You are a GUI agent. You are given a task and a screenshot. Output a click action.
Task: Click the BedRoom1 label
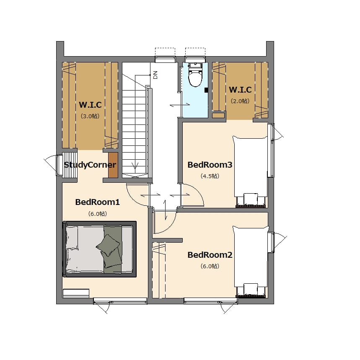(98, 202)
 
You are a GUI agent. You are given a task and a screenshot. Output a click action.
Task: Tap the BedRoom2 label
(210, 255)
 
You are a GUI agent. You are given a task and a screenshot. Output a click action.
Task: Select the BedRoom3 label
(210, 165)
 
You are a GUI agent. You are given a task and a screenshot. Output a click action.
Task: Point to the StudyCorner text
(90, 165)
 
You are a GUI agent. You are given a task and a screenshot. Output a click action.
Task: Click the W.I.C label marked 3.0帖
(90, 105)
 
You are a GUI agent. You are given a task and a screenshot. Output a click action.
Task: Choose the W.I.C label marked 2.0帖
(240, 90)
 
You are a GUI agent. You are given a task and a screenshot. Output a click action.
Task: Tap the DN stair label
(155, 75)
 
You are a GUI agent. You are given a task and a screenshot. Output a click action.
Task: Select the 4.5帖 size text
(210, 176)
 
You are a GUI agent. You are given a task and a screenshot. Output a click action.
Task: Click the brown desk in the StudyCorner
(113, 165)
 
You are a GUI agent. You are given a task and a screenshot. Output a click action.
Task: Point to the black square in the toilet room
(206, 90)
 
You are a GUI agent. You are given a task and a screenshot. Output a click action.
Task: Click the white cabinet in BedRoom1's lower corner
(76, 293)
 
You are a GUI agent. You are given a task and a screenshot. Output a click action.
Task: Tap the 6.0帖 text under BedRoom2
(210, 266)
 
